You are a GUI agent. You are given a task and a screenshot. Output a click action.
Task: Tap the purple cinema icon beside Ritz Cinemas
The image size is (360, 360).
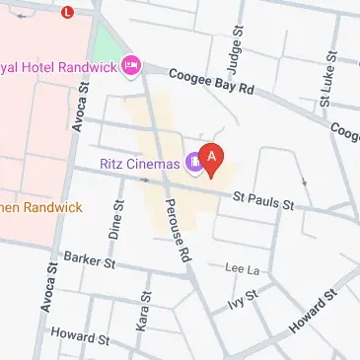(x=196, y=165)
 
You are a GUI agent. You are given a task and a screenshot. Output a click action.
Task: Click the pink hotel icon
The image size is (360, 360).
(x=131, y=66)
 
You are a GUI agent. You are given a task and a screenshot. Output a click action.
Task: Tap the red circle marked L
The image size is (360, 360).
(x=67, y=13)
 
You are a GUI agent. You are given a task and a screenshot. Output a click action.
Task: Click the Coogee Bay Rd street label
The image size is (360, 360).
(x=211, y=82)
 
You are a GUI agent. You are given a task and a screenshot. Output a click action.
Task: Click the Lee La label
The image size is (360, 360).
(x=242, y=267)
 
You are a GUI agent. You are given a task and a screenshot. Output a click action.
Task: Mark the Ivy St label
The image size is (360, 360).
(x=242, y=299)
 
